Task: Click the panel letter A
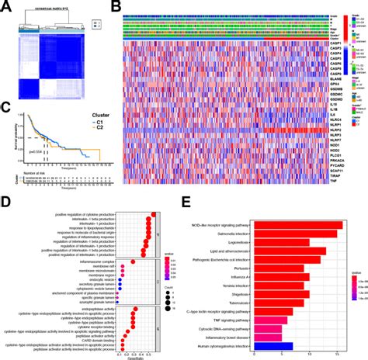click(5, 6)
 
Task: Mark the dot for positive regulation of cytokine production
click(154, 215)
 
